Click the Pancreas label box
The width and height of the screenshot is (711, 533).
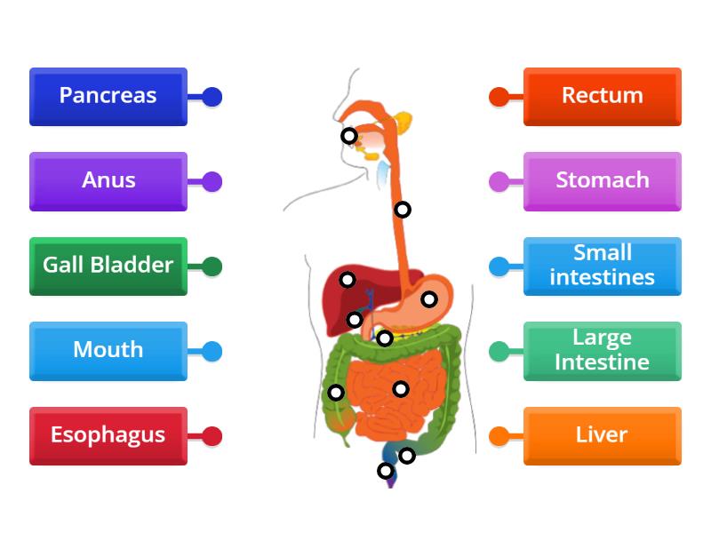108,96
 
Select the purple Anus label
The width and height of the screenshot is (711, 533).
108,181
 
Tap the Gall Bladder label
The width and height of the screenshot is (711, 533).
108,266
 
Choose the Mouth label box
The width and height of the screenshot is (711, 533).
108,350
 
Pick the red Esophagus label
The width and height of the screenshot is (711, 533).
108,435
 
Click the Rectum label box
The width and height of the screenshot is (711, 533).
603,96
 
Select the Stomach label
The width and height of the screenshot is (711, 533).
603,181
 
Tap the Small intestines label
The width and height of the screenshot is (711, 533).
603,266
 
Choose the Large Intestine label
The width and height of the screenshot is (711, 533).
603,350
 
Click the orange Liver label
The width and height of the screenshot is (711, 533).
603,435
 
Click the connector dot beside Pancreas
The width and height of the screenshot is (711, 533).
212,97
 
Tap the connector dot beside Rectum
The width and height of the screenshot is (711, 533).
499,97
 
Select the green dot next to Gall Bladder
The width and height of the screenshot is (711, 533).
212,266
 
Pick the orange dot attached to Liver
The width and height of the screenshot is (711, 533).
499,436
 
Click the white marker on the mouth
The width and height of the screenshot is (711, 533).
349,136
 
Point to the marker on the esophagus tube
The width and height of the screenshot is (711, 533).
403,210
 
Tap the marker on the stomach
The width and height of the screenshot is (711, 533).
429,299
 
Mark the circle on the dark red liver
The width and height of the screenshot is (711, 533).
348,280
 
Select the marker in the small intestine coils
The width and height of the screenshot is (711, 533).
401,388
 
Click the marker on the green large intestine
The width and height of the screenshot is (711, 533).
336,393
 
